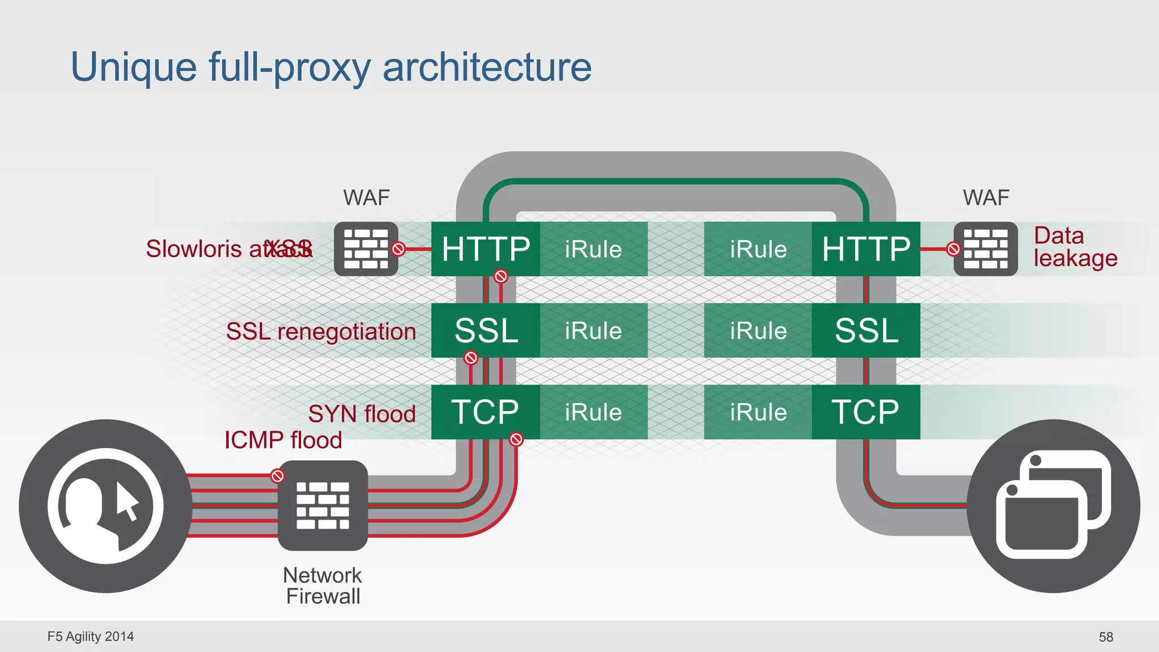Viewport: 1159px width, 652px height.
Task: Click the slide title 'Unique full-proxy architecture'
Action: (330, 67)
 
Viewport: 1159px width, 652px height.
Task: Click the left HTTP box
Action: (486, 249)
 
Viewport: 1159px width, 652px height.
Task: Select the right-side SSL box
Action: (866, 331)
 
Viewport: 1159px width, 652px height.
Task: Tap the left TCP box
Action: (486, 412)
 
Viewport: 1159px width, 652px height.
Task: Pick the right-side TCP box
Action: (866, 412)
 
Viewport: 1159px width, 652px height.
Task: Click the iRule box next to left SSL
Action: (593, 331)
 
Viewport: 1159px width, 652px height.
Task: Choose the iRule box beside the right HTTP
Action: (758, 249)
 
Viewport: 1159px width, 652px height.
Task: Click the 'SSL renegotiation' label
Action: (321, 332)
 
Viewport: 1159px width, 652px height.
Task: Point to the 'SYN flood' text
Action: (362, 414)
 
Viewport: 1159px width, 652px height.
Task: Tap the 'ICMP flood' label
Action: (283, 440)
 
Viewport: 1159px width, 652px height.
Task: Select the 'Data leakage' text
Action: (1074, 247)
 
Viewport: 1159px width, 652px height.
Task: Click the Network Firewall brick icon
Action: (323, 505)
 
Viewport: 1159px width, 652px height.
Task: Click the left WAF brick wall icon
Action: (366, 249)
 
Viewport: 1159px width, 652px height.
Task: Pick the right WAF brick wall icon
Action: (986, 249)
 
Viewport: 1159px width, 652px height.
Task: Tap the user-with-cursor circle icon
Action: (105, 506)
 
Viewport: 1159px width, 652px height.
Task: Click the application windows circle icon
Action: (1053, 506)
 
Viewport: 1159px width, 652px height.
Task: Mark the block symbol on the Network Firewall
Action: (277, 476)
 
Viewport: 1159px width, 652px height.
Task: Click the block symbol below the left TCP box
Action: (516, 439)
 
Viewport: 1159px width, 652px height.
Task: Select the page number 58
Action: (1105, 637)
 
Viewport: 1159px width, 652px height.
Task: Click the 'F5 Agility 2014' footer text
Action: (91, 637)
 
